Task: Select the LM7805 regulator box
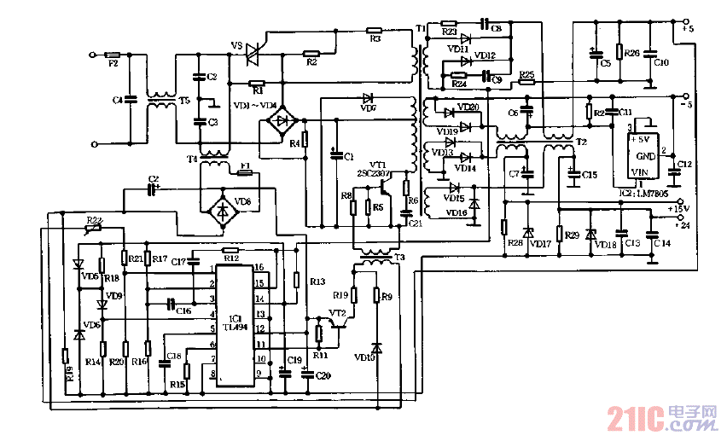pos(645,154)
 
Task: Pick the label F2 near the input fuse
pos(113,65)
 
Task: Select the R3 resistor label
pos(375,38)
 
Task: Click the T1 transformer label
pos(421,30)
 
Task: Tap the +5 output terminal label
pos(688,30)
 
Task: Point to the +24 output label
pos(682,225)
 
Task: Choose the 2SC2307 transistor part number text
pos(373,172)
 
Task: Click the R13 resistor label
pos(317,281)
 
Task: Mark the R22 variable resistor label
pos(94,220)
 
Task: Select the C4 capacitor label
pos(118,101)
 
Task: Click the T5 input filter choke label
pos(183,100)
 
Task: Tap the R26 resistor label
pos(631,53)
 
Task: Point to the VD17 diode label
pos(539,245)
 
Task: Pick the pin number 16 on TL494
pos(259,267)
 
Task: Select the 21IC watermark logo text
pos(636,418)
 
